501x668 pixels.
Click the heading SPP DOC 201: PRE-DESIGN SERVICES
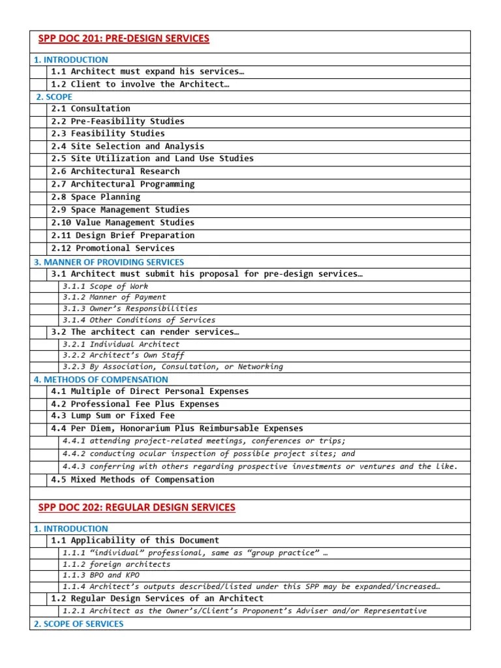[124, 38]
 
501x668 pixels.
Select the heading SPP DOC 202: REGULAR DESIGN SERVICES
[137, 507]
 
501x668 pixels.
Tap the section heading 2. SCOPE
[54, 97]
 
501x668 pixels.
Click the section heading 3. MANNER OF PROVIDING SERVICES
[109, 262]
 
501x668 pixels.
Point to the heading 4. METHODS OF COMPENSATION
[100, 379]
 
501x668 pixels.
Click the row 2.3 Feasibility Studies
[108, 133]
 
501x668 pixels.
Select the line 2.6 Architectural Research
[115, 171]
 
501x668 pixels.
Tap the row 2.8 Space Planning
[95, 196]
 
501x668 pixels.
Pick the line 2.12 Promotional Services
[113, 248]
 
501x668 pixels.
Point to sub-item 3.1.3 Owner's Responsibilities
[130, 308]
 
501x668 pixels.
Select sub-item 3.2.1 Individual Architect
[121, 344]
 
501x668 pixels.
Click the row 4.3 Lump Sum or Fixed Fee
[113, 416]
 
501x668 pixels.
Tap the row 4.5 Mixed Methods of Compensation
[132, 479]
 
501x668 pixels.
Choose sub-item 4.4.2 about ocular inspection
[209, 453]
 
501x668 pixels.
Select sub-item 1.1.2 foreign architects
[116, 564]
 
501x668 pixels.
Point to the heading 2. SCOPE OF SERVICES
[78, 624]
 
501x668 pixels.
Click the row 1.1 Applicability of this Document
[135, 540]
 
